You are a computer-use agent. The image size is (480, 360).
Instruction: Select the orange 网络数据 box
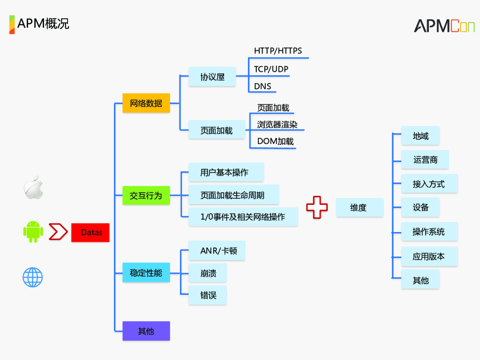pyautogui.click(x=146, y=103)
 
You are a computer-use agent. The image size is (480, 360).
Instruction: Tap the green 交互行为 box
pyautogui.click(x=146, y=195)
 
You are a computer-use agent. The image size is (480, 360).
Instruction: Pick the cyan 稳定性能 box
pyautogui.click(x=146, y=272)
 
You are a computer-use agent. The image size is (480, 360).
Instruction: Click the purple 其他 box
pyautogui.click(x=146, y=331)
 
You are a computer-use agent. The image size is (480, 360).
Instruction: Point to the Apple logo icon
pyautogui.click(x=33, y=187)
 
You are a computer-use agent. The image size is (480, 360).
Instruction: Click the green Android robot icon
pyautogui.click(x=33, y=231)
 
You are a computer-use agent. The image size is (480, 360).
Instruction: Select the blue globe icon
pyautogui.click(x=33, y=277)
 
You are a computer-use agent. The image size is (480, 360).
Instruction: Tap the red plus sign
pyautogui.click(x=317, y=207)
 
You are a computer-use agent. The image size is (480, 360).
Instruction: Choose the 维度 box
pyautogui.click(x=359, y=208)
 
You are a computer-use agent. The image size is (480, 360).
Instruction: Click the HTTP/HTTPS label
pyautogui.click(x=278, y=51)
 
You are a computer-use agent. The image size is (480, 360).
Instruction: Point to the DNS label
pyautogui.click(x=262, y=86)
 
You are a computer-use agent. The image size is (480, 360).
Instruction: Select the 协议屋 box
pyautogui.click(x=212, y=77)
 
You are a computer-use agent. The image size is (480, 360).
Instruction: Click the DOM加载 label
pyautogui.click(x=276, y=141)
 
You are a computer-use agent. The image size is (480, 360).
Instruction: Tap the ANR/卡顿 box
pyautogui.click(x=217, y=251)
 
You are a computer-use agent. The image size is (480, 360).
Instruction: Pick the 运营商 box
pyautogui.click(x=425, y=160)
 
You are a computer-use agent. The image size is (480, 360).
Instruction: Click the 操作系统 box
pyautogui.click(x=429, y=232)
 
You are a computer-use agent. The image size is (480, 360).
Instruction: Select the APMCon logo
pyautogui.click(x=443, y=26)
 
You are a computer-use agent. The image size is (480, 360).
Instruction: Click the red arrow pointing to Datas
pyautogui.click(x=58, y=232)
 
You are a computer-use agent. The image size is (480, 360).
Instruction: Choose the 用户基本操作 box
pyautogui.click(x=225, y=172)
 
